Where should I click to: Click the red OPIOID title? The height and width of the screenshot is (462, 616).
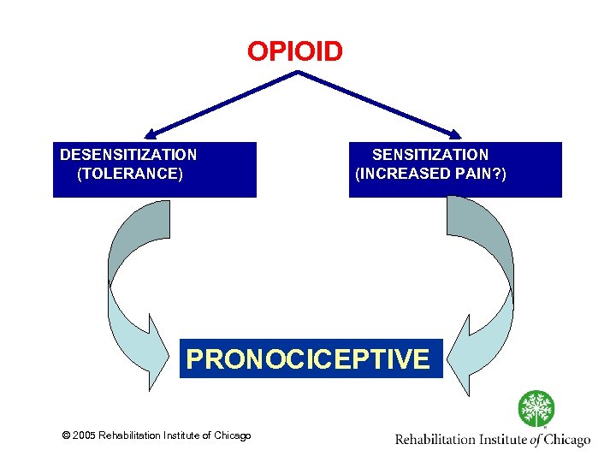(x=295, y=51)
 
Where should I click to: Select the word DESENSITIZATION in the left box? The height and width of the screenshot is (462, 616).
(x=128, y=155)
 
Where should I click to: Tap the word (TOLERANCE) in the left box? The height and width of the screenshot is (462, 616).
(x=130, y=174)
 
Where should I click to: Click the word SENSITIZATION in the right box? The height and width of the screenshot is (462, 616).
(x=430, y=155)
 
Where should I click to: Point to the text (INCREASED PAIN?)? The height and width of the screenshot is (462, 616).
(x=430, y=174)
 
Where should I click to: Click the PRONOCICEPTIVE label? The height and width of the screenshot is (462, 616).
(x=308, y=358)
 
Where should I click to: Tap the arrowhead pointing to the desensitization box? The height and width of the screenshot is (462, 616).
(x=152, y=133)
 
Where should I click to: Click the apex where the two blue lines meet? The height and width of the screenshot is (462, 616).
(x=297, y=73)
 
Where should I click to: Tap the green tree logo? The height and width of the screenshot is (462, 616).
(x=536, y=409)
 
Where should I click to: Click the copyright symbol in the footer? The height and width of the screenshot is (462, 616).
(x=67, y=436)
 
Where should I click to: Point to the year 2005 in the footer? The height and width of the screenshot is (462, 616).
(x=84, y=436)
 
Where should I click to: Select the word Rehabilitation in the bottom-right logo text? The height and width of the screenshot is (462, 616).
(x=435, y=440)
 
